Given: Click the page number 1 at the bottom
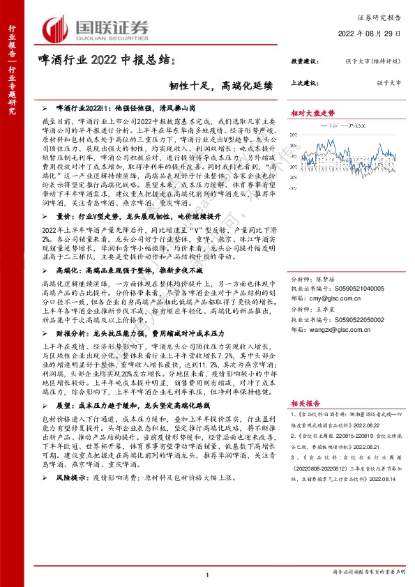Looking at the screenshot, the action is click(x=208, y=572).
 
